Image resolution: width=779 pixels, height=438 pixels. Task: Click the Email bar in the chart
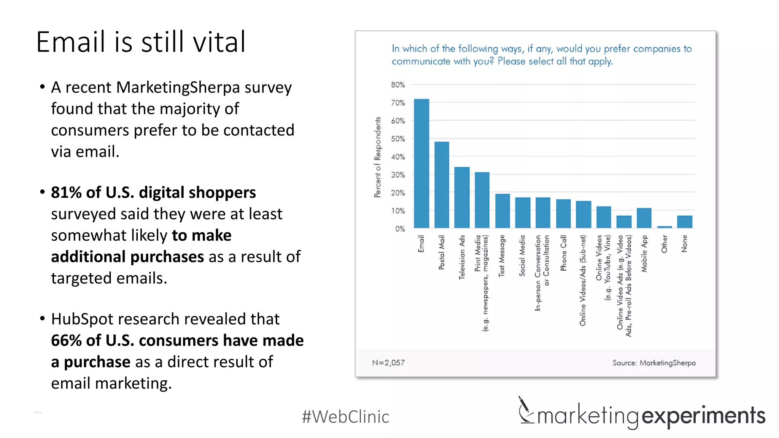pyautogui.click(x=421, y=163)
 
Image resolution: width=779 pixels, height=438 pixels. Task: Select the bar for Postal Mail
pyautogui.click(x=442, y=185)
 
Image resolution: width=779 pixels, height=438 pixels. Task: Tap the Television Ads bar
pyautogui.click(x=462, y=197)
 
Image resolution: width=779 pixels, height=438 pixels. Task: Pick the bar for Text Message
pyautogui.click(x=502, y=211)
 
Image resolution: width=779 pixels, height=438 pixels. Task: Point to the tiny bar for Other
pyautogui.click(x=665, y=227)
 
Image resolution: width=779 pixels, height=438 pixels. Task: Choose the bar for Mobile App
pyautogui.click(x=644, y=218)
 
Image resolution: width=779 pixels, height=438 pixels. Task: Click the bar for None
pyautogui.click(x=685, y=222)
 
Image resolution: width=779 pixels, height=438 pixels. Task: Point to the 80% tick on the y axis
pyautogui.click(x=398, y=85)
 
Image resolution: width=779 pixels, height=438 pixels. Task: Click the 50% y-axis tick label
pyautogui.click(x=398, y=139)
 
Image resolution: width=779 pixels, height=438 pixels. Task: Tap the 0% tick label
pyautogui.click(x=400, y=229)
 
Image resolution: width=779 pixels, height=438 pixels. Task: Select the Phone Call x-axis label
pyautogui.click(x=563, y=253)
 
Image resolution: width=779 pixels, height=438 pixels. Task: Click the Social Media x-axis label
pyautogui.click(x=522, y=255)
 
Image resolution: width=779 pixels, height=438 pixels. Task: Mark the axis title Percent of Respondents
pyautogui.click(x=377, y=157)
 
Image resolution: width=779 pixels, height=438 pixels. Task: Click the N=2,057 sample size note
pyautogui.click(x=388, y=363)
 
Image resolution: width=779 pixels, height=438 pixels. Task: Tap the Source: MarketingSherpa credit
pyautogui.click(x=654, y=363)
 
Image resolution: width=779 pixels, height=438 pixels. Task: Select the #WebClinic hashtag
pyautogui.click(x=345, y=417)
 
